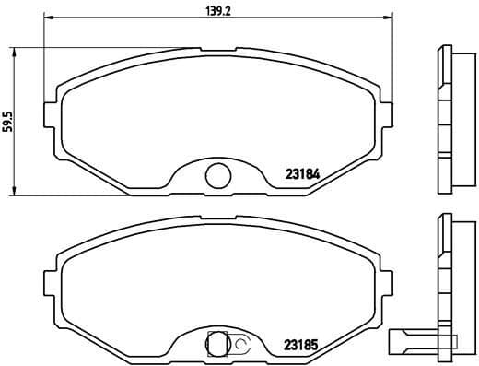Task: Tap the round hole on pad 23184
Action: pos(217,172)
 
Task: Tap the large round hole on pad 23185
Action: pos(218,344)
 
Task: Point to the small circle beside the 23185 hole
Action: pos(240,345)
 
